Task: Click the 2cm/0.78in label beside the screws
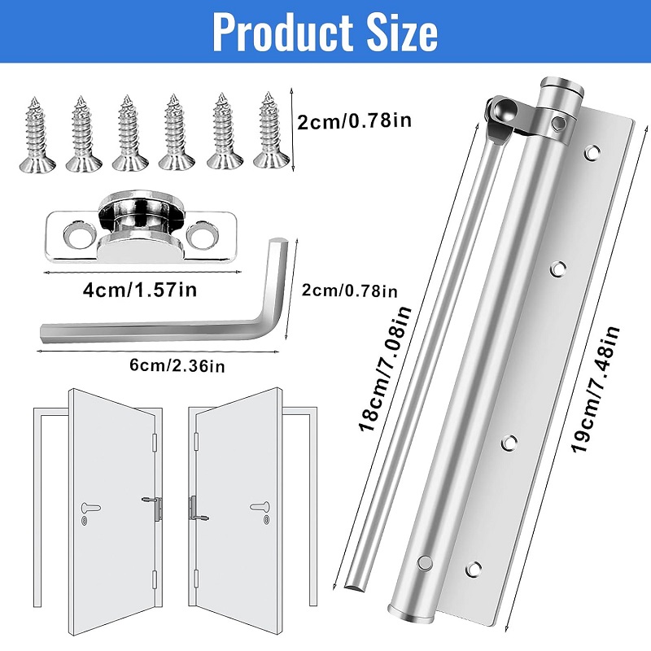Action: (x=355, y=121)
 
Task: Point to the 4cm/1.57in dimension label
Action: (x=140, y=289)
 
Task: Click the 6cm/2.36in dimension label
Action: (x=177, y=365)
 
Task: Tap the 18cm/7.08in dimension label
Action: (x=385, y=369)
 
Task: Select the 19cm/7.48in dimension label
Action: (x=595, y=389)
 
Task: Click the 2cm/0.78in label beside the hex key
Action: (x=350, y=291)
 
